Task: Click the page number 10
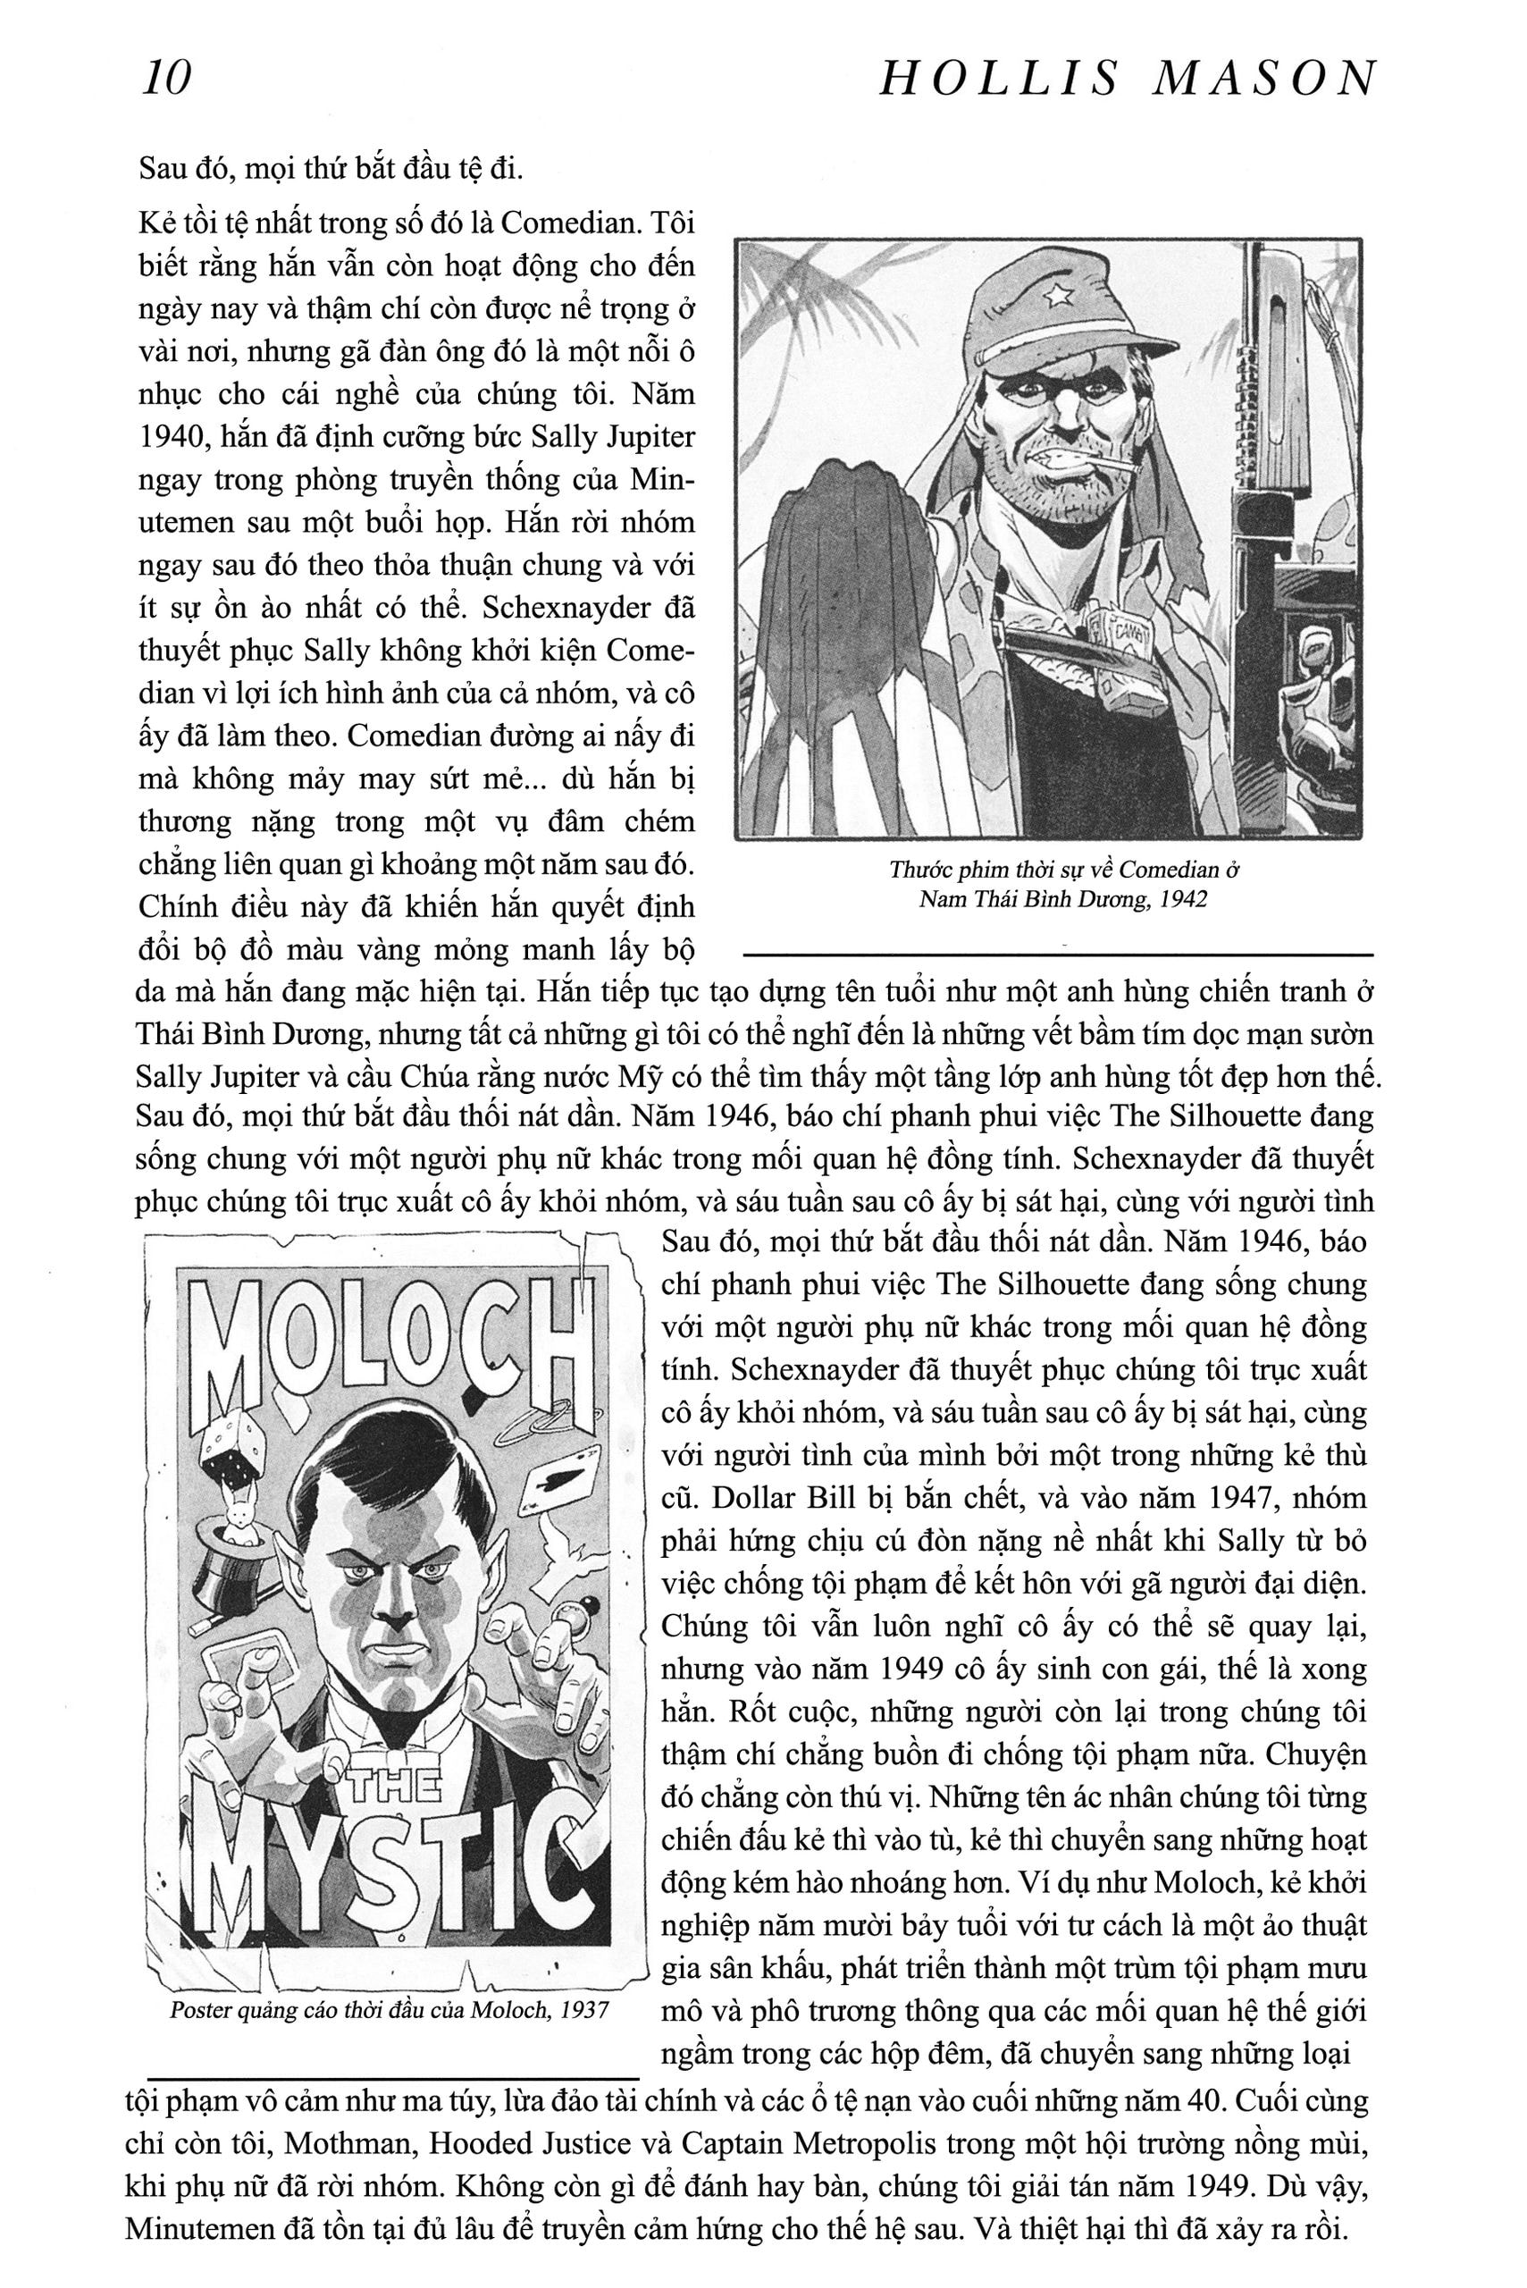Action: click(166, 78)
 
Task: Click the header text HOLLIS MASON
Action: click(1128, 78)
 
